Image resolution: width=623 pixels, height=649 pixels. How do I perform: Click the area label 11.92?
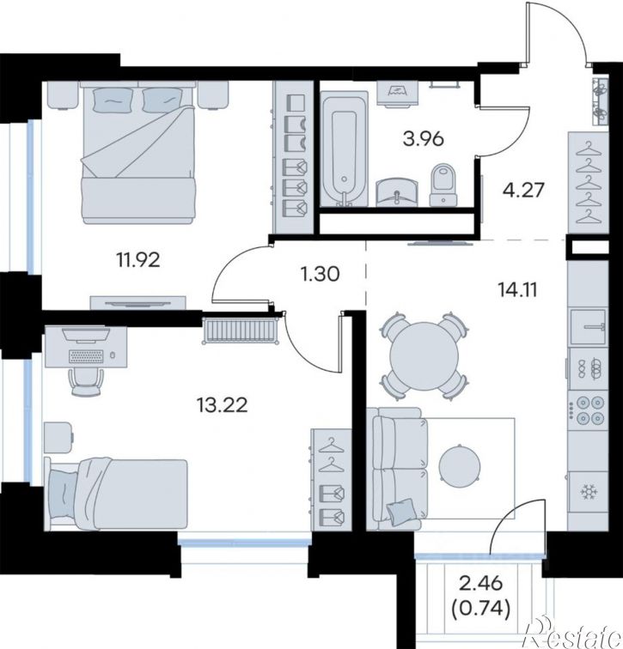coord(138,260)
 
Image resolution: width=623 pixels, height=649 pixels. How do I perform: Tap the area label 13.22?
coord(223,405)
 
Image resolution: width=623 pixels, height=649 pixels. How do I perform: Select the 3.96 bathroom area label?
coord(424,139)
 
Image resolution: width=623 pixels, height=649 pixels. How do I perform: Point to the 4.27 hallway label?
coord(523,191)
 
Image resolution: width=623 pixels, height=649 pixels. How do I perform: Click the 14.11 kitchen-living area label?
coord(518,290)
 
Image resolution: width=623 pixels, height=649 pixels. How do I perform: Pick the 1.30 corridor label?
coord(321,274)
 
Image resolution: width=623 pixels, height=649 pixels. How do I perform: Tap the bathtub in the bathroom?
coord(345,149)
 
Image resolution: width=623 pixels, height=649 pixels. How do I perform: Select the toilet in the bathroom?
coord(443,185)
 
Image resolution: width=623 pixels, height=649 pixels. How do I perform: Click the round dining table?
coord(425,355)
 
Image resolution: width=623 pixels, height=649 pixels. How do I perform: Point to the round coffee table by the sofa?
coord(460,463)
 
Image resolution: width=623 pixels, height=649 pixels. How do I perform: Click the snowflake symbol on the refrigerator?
coord(588,492)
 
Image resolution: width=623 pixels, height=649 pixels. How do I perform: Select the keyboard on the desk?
coord(86,356)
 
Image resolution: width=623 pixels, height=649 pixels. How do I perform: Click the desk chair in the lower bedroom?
coord(87,382)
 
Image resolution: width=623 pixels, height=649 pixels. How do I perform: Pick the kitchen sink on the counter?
coord(588,327)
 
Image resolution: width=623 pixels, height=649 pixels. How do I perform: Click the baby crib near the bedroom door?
coord(241,331)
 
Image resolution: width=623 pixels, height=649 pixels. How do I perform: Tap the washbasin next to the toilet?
coord(398,192)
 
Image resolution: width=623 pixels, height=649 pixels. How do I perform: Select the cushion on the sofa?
coord(401,512)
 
